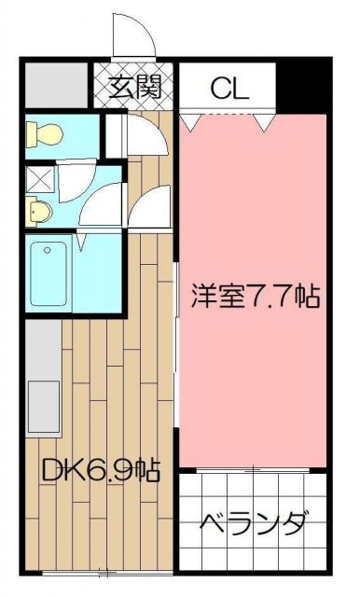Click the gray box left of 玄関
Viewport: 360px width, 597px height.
pyautogui.click(x=55, y=84)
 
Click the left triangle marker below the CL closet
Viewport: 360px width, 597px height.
pyautogui.click(x=191, y=121)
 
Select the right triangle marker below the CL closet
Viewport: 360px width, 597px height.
pyautogui.click(x=267, y=121)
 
